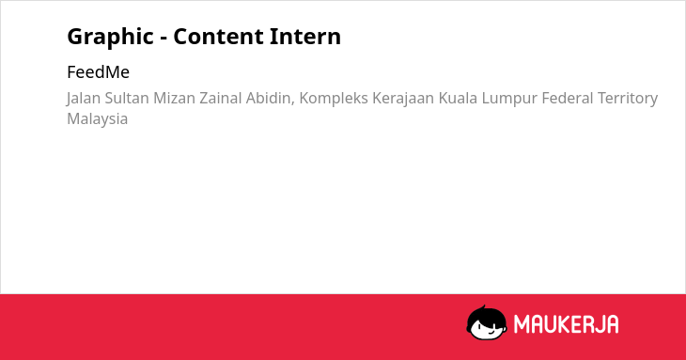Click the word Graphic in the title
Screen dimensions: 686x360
[x=110, y=37]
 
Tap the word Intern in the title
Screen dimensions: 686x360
[x=304, y=37]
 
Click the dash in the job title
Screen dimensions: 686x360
[x=164, y=39]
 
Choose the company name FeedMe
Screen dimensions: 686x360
[x=98, y=72]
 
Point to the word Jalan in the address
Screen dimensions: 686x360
[x=84, y=99]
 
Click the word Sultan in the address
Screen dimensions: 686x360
[x=127, y=98]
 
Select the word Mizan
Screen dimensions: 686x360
[x=174, y=98]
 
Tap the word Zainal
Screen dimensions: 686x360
[x=221, y=98]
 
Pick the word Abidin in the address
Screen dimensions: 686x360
[x=271, y=99]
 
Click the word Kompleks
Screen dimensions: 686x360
[x=334, y=99]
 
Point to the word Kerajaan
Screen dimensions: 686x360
[x=403, y=99]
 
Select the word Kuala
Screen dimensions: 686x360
[x=458, y=98]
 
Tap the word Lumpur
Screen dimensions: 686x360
[x=509, y=99]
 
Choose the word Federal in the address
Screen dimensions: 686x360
[x=568, y=98]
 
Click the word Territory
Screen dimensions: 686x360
[x=628, y=99]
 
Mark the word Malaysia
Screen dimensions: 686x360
[x=97, y=119]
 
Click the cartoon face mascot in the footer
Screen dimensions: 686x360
[x=487, y=323]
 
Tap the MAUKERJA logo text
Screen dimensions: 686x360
[x=566, y=324]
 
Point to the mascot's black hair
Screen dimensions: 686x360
[x=486, y=315]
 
